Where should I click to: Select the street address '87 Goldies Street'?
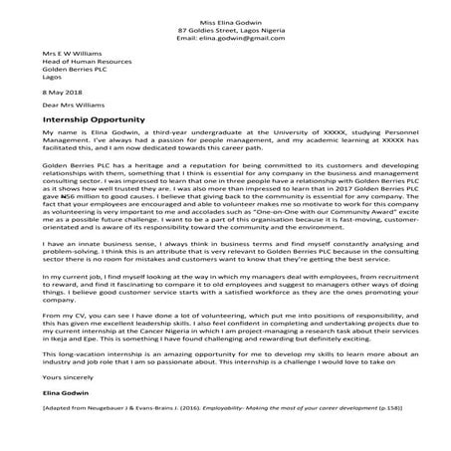click(207, 31)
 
